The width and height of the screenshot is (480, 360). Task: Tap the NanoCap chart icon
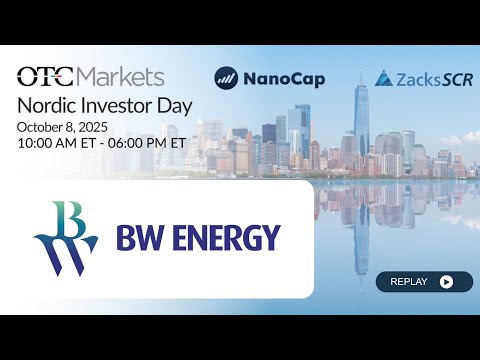[x=226, y=77]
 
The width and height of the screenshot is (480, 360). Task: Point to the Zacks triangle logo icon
[x=382, y=77]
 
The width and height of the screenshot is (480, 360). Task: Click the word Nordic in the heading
[x=47, y=104]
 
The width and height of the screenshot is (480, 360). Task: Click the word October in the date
[x=42, y=126]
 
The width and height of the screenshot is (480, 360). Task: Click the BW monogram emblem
[x=66, y=238]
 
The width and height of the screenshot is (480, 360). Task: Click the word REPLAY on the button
[x=408, y=282]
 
